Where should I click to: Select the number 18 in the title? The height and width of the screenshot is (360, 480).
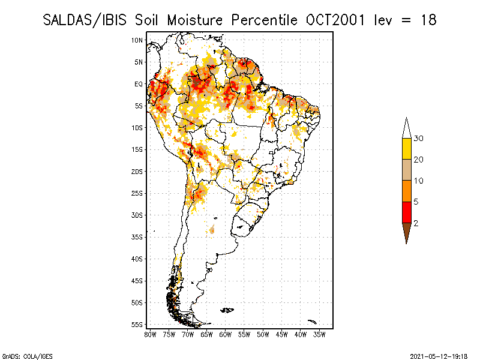click(427, 20)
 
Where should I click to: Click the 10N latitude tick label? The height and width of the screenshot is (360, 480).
click(137, 40)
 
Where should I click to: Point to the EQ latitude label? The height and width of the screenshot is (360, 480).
click(139, 84)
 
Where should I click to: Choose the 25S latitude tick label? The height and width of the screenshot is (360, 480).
click(137, 193)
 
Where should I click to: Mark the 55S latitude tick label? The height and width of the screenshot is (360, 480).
click(137, 325)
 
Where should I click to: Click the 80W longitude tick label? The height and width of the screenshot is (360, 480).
click(150, 334)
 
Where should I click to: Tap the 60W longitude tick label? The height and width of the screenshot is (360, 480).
click(226, 334)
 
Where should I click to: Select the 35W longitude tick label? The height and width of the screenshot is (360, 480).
click(320, 334)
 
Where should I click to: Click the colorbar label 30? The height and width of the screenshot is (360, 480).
click(418, 139)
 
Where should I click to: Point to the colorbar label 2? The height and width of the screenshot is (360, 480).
click(416, 223)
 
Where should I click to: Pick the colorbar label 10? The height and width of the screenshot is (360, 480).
click(418, 181)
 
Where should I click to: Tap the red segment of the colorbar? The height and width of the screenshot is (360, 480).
click(406, 212)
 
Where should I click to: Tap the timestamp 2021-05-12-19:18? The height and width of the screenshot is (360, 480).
click(439, 355)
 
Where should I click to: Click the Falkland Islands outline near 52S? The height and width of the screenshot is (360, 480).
click(227, 310)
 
